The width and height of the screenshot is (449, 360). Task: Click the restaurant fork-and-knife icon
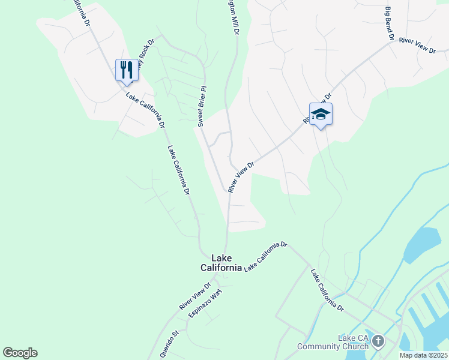127,70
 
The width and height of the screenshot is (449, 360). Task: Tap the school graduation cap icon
321,114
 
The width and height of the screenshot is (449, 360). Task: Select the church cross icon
378,342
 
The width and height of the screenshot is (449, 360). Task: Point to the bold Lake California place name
221,263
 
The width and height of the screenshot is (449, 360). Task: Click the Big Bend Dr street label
389,23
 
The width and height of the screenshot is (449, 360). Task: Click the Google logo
20,353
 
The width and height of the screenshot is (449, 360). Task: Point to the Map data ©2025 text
423,355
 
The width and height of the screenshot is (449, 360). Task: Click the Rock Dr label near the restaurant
146,54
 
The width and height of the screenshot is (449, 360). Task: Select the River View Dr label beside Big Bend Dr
417,46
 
